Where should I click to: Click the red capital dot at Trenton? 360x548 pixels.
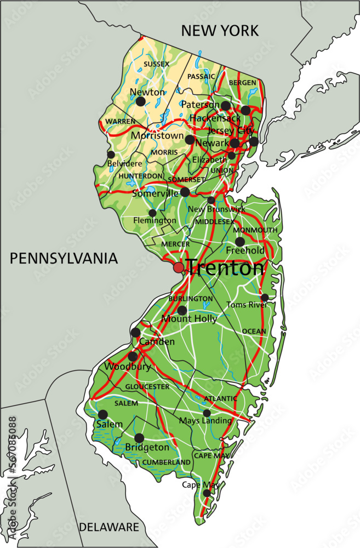pyautogui.click(x=179, y=267)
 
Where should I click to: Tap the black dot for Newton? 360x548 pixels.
pyautogui.click(x=141, y=101)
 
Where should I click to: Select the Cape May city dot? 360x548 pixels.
pyautogui.click(x=207, y=493)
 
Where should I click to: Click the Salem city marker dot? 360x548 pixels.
pyautogui.click(x=103, y=414)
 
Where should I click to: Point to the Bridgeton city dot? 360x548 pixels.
pyautogui.click(x=139, y=438)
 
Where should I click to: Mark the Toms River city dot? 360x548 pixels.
pyautogui.click(x=265, y=298)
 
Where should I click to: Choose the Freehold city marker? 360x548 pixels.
pyautogui.click(x=240, y=242)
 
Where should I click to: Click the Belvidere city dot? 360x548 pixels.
pyautogui.click(x=111, y=155)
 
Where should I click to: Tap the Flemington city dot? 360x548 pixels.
pyautogui.click(x=152, y=213)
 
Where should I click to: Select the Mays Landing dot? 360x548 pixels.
pyautogui.click(x=207, y=413)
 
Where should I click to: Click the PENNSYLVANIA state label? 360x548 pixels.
pyautogui.click(x=64, y=259)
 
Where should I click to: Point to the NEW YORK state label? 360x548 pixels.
pyautogui.click(x=220, y=31)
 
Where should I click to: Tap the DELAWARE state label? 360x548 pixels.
pyautogui.click(x=108, y=527)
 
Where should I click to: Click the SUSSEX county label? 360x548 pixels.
pyautogui.click(x=157, y=64)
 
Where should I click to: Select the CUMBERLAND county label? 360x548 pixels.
pyautogui.click(x=167, y=463)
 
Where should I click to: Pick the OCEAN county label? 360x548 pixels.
pyautogui.click(x=254, y=331)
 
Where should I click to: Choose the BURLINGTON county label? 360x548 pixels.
pyautogui.click(x=191, y=299)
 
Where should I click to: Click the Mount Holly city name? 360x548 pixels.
pyautogui.click(x=189, y=319)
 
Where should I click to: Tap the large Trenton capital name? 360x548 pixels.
pyautogui.click(x=225, y=268)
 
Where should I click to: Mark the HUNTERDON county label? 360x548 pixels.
pyautogui.click(x=141, y=176)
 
